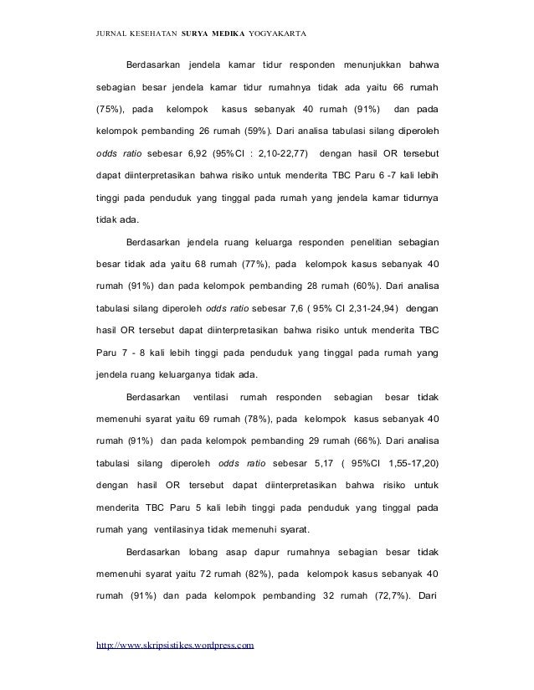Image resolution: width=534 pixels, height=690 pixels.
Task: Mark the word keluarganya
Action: click(x=190, y=374)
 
